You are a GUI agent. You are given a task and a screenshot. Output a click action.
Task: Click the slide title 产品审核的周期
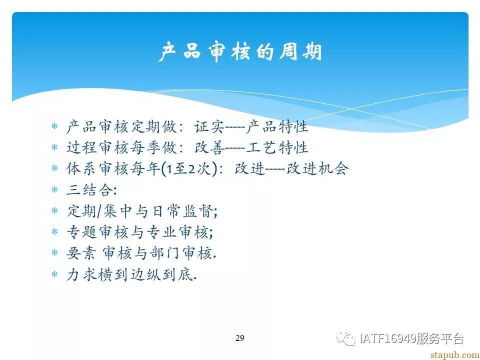(240, 51)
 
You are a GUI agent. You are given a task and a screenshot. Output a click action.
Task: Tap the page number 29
(239, 338)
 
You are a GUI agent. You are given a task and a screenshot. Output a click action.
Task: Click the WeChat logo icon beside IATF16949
(346, 339)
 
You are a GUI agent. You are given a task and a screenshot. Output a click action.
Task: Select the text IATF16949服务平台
(412, 339)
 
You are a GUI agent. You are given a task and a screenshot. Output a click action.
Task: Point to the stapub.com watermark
(455, 355)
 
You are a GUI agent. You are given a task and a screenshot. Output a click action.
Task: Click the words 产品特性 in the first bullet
(276, 127)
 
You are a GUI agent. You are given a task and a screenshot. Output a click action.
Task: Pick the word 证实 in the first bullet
(209, 127)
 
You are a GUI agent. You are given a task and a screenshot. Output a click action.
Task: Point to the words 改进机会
(317, 169)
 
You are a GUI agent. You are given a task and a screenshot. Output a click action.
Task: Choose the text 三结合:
(91, 190)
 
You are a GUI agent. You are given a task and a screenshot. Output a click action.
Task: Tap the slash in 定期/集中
(99, 211)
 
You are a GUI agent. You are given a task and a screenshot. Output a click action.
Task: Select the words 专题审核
(97, 232)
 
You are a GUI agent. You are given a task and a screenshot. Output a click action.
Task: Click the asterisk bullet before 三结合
(54, 190)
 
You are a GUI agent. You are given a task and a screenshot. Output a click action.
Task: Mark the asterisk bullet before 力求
(54, 274)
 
